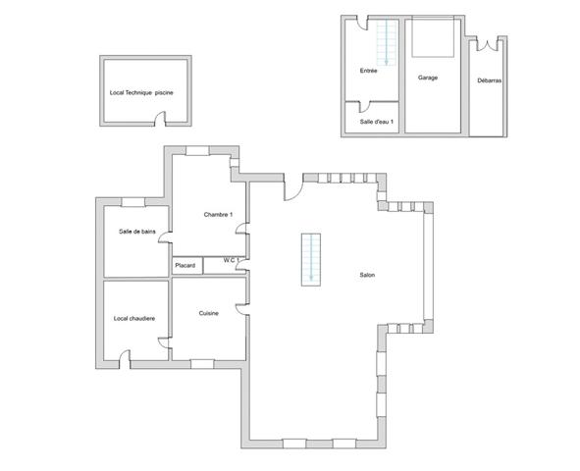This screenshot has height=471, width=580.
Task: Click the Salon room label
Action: pos(367,275)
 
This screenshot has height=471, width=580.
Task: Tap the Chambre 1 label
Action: pos(218,215)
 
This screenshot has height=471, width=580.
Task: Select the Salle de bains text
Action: pos(137,232)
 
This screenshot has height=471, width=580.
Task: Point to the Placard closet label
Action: pos(185,266)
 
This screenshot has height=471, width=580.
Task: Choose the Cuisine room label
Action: pos(209,313)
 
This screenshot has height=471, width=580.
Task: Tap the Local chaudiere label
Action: pos(134,318)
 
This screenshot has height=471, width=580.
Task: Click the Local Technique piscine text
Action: pos(141,93)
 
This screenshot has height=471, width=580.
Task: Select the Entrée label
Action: pos(368,71)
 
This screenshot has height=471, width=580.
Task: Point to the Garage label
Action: pos(428,78)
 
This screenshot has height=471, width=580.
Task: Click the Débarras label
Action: pos(490,80)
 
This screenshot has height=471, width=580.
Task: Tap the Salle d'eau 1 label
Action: pos(377,122)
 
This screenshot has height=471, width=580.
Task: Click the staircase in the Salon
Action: pos(311,259)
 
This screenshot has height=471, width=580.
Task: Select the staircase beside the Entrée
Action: pos(386,42)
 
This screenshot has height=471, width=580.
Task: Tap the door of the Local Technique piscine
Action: pos(160,119)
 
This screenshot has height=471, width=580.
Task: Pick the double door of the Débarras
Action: pos(487,44)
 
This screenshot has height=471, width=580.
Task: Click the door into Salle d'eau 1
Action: pos(364,107)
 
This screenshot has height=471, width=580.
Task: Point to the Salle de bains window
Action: pos(133,202)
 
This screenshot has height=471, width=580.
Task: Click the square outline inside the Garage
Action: pos(433,37)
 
